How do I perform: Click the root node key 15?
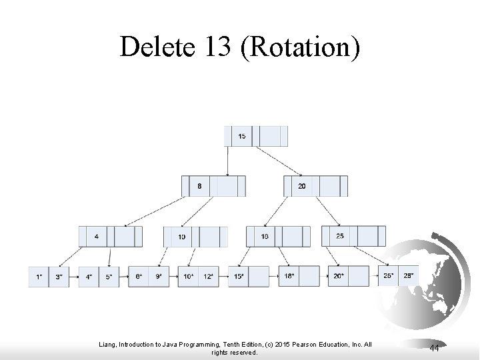[x=241, y=136]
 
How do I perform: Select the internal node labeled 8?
[x=199, y=186]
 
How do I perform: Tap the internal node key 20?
[x=301, y=186]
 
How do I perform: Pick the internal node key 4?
[x=97, y=236]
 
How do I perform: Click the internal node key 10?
[x=181, y=237]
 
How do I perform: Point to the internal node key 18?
[x=264, y=236]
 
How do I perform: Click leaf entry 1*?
[x=39, y=276]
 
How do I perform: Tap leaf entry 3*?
[x=59, y=276]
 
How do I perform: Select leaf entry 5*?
[x=109, y=276]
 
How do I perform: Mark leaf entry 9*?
[x=158, y=276]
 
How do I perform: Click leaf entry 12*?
[x=208, y=276]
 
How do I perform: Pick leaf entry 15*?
[x=238, y=276]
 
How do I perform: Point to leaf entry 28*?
[x=408, y=275]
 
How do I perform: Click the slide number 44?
[x=434, y=348]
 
